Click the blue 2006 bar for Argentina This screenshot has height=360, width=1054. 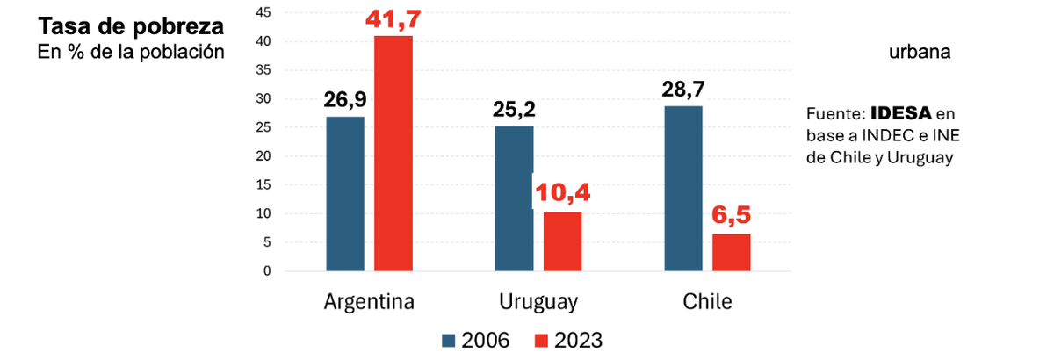point(345,193)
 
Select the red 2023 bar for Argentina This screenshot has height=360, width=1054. point(393,154)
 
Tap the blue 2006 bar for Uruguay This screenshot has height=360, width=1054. point(514,198)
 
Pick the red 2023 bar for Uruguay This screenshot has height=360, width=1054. point(562,241)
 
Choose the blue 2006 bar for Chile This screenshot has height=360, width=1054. point(682,188)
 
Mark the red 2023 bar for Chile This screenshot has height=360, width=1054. point(731,252)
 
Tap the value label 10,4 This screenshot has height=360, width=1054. point(563,193)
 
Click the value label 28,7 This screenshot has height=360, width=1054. point(682,90)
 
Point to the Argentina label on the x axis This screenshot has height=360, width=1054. point(369,302)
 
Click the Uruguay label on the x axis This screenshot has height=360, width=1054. point(538,302)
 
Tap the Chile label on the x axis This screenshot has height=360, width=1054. point(707,302)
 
